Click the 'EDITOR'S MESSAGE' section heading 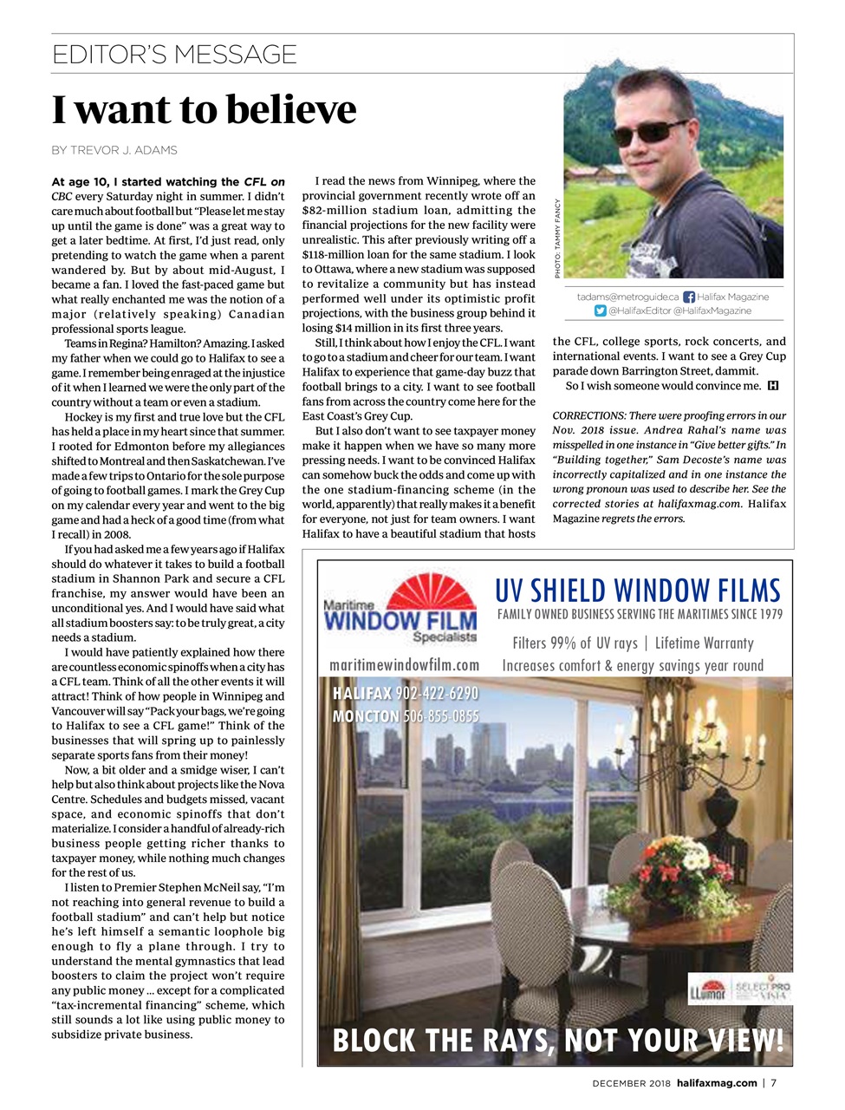(174, 55)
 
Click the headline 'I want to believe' (205, 110)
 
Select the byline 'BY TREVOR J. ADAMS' (114, 150)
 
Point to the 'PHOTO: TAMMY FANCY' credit (557, 238)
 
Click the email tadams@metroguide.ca (627, 297)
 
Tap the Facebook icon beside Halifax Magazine (689, 297)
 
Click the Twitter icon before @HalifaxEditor (600, 310)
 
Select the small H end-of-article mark (773, 386)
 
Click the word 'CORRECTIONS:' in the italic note (588, 416)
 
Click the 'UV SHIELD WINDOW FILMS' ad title (637, 591)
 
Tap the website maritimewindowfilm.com (404, 664)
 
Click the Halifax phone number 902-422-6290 (437, 694)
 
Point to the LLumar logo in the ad (708, 989)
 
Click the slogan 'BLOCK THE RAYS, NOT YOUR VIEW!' (557, 1040)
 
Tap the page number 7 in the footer (774, 1083)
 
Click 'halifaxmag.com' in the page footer (717, 1083)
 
